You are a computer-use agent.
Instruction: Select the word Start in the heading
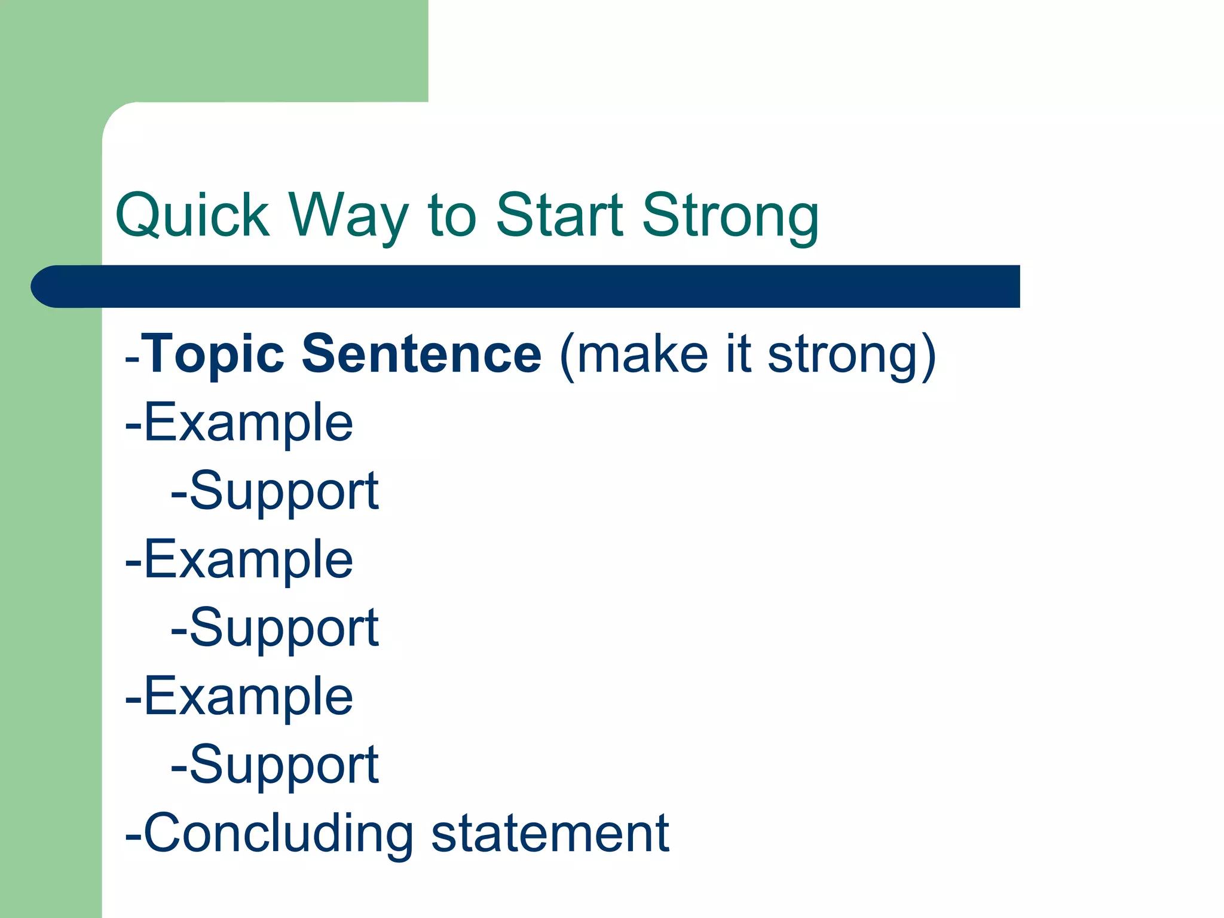tap(560, 215)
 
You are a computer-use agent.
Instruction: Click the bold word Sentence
tap(421, 354)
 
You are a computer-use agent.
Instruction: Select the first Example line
tap(240, 423)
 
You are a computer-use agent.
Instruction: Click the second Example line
tap(240, 559)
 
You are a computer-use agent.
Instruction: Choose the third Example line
tap(240, 696)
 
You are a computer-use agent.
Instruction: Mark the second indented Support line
tap(275, 629)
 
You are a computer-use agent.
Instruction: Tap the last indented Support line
tap(275, 766)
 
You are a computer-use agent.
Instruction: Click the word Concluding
tap(279, 834)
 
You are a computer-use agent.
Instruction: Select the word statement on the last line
tap(550, 833)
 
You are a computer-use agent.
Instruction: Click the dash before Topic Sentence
tap(132, 359)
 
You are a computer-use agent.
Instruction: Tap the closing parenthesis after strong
tap(928, 356)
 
